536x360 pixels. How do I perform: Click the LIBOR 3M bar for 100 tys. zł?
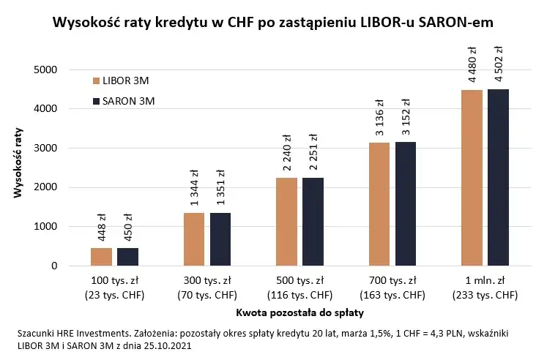101,257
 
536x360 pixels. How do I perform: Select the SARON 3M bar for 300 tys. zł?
220,239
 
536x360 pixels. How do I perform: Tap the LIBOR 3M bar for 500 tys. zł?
286,222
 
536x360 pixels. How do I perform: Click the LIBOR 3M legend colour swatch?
96,80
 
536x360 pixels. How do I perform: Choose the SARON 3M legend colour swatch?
96,101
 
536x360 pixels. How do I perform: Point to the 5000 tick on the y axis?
46,70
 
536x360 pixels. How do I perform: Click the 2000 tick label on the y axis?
46,187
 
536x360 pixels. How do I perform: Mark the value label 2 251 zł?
313,151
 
